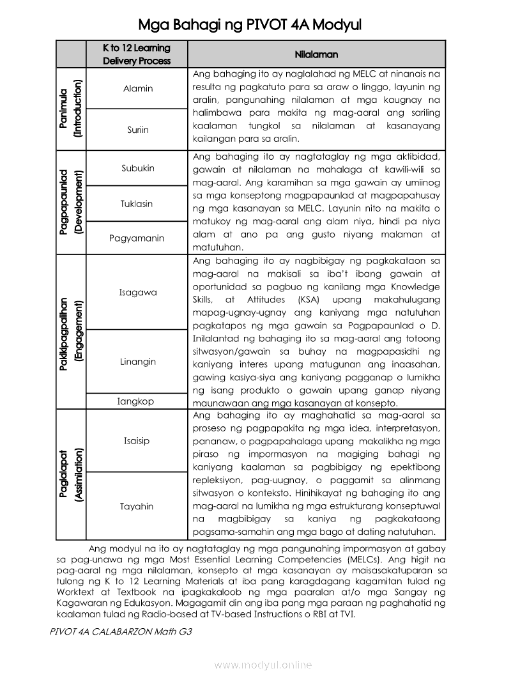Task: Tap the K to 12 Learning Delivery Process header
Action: [x=137, y=54]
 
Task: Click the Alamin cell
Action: [x=138, y=88]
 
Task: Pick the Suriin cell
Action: [x=137, y=130]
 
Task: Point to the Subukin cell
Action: [x=138, y=168]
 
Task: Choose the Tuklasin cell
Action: [x=137, y=204]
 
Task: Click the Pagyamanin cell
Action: [x=137, y=238]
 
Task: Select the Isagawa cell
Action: [x=137, y=293]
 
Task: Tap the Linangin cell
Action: [x=137, y=362]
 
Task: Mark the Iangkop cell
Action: [x=135, y=401]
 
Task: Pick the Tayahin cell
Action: [x=137, y=506]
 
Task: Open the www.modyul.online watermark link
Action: [x=263, y=665]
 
